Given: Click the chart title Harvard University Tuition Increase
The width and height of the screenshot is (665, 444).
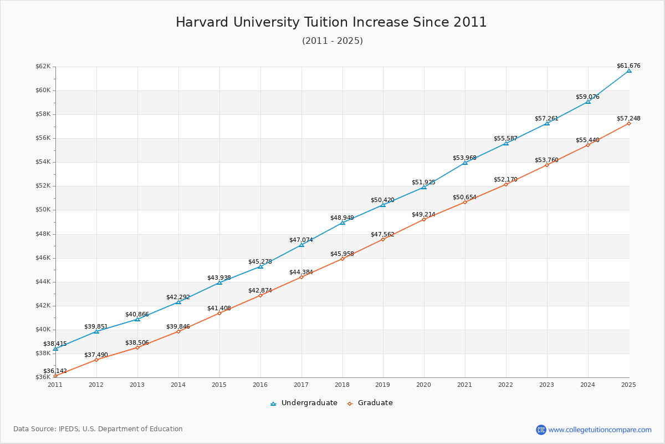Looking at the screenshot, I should (x=331, y=22).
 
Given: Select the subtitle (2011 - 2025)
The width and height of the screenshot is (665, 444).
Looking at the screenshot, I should (x=332, y=41).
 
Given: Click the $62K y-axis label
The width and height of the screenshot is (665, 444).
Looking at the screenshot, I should (x=43, y=67).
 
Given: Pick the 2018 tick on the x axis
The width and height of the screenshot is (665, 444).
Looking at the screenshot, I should (x=342, y=384).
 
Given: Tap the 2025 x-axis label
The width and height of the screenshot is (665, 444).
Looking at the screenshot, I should (x=628, y=384).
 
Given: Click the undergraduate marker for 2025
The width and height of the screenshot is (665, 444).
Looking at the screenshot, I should (x=629, y=70).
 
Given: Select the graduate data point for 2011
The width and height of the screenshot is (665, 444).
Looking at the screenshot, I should (x=55, y=376).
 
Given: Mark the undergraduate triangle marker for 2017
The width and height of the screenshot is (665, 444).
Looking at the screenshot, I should (x=301, y=245).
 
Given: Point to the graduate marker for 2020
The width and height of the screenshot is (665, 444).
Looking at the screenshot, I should (x=424, y=219).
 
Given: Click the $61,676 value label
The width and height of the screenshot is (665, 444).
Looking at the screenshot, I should (x=628, y=65).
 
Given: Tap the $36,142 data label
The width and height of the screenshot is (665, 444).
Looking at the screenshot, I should (x=55, y=371).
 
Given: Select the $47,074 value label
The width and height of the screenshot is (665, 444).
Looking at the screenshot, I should (x=301, y=240).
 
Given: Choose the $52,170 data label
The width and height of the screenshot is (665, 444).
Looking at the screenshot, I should (x=505, y=179).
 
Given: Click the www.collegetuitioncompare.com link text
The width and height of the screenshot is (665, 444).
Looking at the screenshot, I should (x=600, y=430).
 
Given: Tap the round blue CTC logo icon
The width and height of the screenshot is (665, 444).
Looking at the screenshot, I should (x=541, y=430).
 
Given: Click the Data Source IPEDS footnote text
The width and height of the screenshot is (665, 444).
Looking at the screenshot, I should (x=98, y=429).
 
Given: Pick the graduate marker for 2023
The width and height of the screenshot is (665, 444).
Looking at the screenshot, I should (x=547, y=165).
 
